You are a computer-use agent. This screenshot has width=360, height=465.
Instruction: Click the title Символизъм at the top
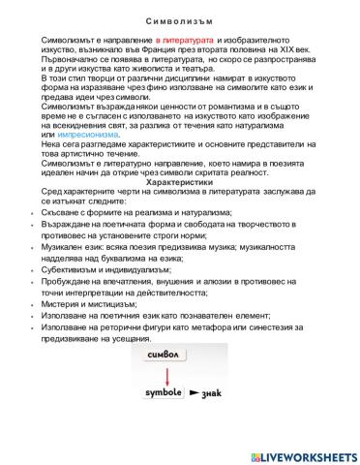(x=181, y=17)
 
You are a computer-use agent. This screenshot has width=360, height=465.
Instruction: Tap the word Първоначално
(x=71, y=57)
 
